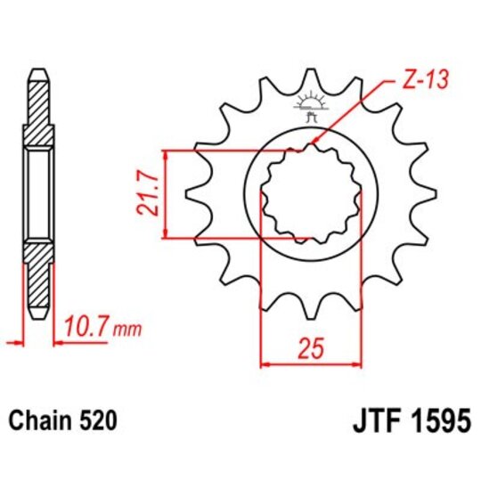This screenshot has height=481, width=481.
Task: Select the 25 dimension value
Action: click(311, 349)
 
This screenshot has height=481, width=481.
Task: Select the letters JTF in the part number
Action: click(365, 419)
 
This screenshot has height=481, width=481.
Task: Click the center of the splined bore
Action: click(310, 194)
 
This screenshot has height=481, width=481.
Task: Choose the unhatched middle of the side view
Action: click(37, 194)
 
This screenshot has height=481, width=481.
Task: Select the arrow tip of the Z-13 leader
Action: click(313, 145)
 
